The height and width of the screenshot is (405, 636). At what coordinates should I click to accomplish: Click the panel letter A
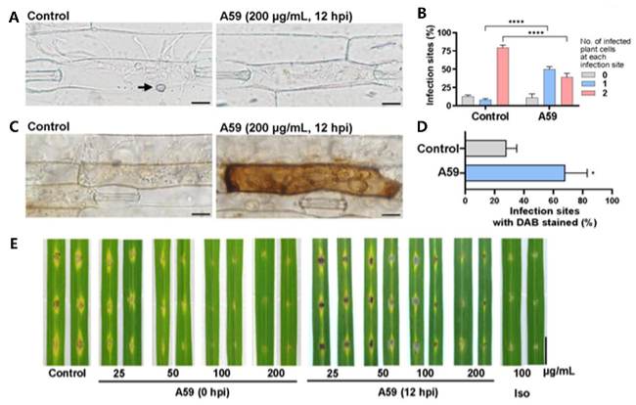(14, 16)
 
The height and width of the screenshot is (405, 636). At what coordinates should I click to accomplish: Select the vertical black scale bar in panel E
(546, 349)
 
